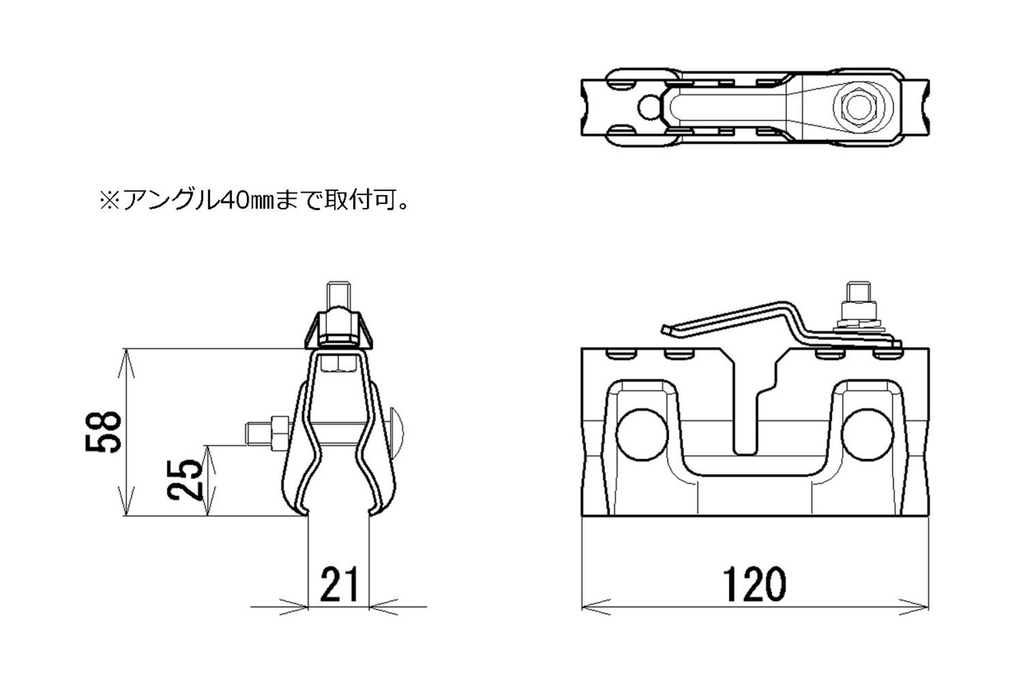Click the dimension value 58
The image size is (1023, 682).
tap(104, 432)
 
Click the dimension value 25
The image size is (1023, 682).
tap(185, 480)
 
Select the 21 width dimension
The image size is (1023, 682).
tap(339, 584)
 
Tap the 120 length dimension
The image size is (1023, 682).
tap(754, 584)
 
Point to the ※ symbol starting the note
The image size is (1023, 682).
tap(110, 201)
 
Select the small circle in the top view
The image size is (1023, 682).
tap(648, 108)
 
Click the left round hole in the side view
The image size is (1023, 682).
tap(641, 435)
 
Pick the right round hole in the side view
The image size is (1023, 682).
tap(867, 435)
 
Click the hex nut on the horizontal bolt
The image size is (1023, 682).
tap(280, 433)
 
